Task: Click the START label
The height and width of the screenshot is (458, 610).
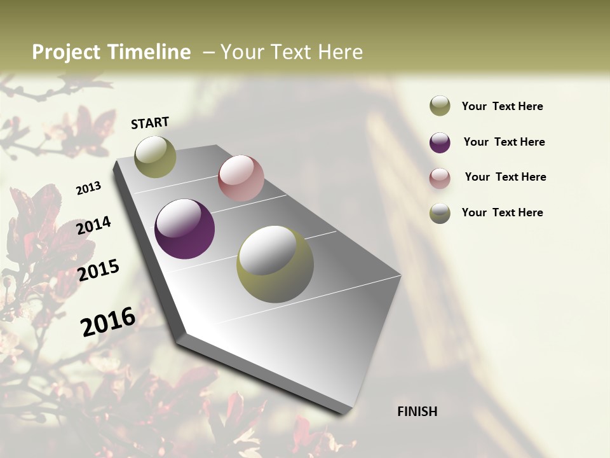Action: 150,123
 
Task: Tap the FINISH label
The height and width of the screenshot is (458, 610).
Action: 417,412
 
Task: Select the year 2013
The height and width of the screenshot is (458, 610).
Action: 89,188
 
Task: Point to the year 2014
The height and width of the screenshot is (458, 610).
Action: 93,225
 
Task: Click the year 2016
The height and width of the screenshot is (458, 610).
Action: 108,321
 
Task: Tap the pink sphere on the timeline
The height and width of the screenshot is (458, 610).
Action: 241,178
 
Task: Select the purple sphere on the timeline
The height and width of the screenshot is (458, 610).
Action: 185,229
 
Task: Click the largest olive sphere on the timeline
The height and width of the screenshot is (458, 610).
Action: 275,264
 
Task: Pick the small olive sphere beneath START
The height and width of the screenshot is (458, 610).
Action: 156,156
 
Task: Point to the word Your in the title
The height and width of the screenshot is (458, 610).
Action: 241,52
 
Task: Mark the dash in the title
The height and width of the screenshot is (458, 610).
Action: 208,52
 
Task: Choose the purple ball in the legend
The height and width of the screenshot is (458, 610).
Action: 440,142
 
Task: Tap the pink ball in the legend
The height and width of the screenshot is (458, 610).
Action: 440,178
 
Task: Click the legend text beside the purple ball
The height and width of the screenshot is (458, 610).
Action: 504,142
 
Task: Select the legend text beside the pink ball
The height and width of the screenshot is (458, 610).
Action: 505,177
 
